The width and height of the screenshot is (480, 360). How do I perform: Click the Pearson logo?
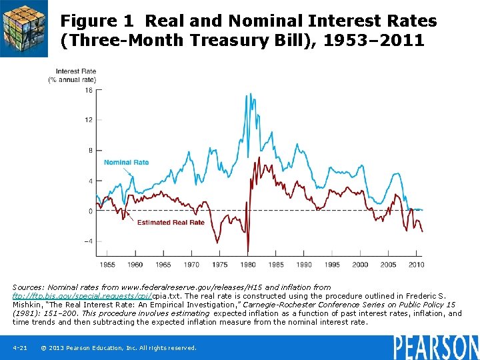pyautogui.click(x=435, y=346)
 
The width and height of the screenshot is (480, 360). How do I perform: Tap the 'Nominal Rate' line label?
pyautogui.click(x=126, y=162)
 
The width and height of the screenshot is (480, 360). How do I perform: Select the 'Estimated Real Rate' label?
pyautogui.click(x=171, y=223)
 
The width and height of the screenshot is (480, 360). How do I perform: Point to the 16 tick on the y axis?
pyautogui.click(x=89, y=90)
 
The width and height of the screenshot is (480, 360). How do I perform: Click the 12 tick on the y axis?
pyautogui.click(x=89, y=120)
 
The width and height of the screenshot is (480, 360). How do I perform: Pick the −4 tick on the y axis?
pyautogui.click(x=87, y=241)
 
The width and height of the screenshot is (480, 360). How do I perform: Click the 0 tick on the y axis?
pyautogui.click(x=90, y=211)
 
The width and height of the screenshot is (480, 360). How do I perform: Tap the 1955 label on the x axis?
pyautogui.click(x=107, y=265)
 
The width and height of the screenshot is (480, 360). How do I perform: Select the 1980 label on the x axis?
pyautogui.click(x=247, y=265)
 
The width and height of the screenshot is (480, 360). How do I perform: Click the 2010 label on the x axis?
pyautogui.click(x=416, y=265)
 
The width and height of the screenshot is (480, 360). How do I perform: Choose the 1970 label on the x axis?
pyautogui.click(x=191, y=265)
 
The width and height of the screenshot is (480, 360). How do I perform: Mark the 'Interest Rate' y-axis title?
pyautogui.click(x=75, y=71)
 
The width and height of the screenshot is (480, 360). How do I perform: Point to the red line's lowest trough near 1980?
pyautogui.click(x=247, y=252)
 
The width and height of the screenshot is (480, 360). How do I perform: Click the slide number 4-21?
pyautogui.click(x=19, y=348)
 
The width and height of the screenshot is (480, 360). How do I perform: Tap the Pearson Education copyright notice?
pyautogui.click(x=119, y=348)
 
